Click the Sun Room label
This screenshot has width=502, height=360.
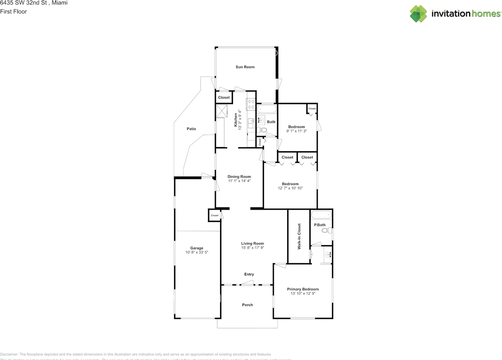click(245, 67)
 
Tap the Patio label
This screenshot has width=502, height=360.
click(191, 129)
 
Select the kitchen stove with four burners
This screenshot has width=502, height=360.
click(251, 104)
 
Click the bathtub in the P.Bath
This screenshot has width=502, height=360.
click(321, 215)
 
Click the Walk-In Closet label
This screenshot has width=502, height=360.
click(299, 236)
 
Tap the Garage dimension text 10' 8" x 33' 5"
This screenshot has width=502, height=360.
click(196, 253)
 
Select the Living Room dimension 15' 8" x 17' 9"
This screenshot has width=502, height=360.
click(252, 248)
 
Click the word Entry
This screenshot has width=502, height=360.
click(249, 275)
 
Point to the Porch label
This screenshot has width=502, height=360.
click(247, 305)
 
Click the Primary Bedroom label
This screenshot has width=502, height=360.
click(303, 289)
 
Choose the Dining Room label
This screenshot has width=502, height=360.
click(239, 176)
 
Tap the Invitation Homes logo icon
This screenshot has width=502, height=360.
click(418, 14)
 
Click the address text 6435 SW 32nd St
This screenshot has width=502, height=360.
click(23, 3)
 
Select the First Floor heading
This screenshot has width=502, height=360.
click(14, 12)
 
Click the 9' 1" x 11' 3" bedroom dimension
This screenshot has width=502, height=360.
click(296, 131)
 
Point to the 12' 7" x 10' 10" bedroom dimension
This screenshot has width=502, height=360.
click(290, 188)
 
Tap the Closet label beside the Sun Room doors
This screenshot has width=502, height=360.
click(224, 98)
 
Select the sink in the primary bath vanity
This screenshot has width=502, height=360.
click(328, 255)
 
